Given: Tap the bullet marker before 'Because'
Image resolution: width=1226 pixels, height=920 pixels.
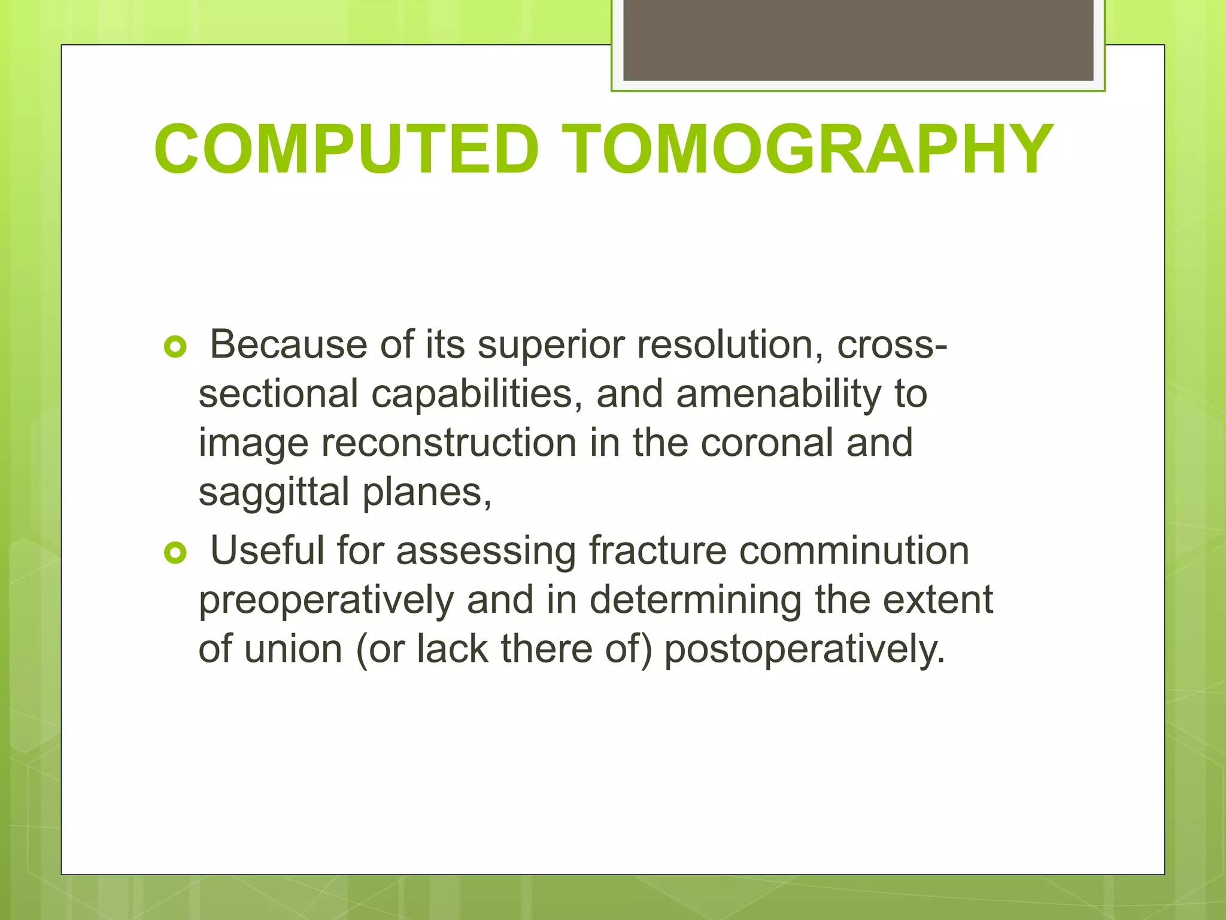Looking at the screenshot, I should [175, 347].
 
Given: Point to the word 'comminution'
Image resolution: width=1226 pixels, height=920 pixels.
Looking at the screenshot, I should [854, 551].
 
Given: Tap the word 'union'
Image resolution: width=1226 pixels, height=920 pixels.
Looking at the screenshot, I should [293, 649].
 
